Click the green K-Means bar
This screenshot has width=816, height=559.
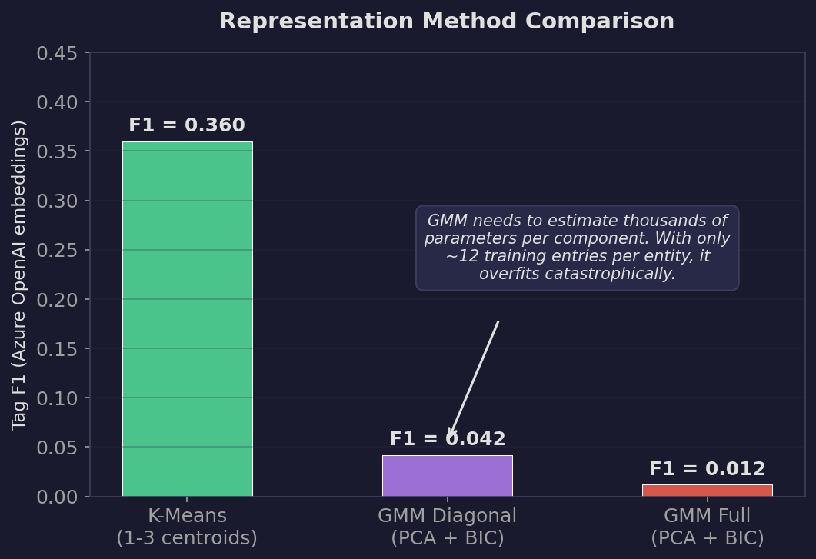coord(187,319)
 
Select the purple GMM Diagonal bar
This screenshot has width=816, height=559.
coord(447,476)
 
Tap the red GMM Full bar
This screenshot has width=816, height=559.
coord(707,491)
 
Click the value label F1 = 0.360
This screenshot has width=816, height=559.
coord(187,125)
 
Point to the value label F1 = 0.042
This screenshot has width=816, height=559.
coord(447,439)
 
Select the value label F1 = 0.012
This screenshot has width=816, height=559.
coord(707,469)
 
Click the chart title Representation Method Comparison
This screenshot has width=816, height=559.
coord(447,22)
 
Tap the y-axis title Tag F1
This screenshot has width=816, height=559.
coord(20,275)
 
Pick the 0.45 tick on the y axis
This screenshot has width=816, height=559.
coord(57,53)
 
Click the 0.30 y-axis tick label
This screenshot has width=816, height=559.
coord(57,201)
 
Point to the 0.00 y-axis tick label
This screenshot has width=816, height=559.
coord(57,497)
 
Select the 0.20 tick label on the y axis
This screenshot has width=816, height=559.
coord(57,300)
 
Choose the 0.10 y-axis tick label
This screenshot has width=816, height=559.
coord(57,398)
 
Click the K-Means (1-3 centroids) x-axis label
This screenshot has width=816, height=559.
coord(187,527)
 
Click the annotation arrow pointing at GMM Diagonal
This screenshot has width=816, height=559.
coord(475,378)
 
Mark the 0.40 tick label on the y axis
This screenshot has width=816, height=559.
coord(57,102)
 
